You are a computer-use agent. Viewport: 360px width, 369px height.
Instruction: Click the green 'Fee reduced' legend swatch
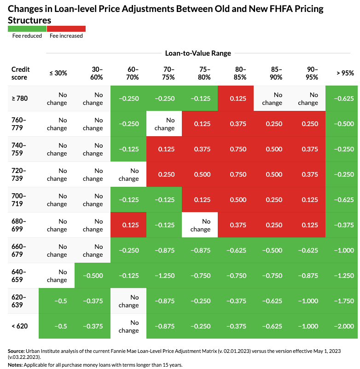click(27, 29)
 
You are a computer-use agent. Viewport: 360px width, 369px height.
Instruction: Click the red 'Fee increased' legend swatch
click(66, 29)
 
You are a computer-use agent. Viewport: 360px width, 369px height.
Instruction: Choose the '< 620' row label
click(19, 326)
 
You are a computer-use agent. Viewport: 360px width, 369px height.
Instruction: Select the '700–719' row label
click(19, 199)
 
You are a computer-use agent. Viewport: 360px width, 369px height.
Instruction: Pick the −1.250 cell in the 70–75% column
click(165, 275)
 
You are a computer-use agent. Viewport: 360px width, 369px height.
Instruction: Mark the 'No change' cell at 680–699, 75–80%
click(200, 225)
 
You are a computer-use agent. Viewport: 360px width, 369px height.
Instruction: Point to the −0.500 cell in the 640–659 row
click(93, 275)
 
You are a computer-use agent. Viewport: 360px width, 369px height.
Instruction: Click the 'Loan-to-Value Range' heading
click(197, 53)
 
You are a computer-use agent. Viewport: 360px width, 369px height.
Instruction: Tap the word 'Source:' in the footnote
click(17, 351)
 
